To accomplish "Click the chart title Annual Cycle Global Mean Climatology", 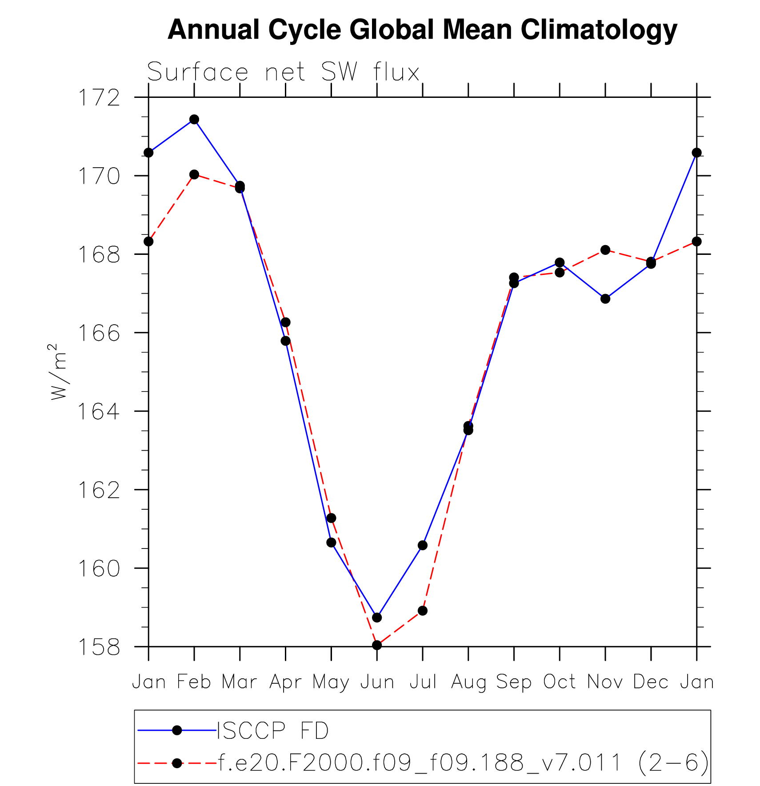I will pyautogui.click(x=422, y=30).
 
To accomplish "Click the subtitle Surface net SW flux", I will pyautogui.click(x=283, y=72).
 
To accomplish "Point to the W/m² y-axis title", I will pyautogui.click(x=59, y=371).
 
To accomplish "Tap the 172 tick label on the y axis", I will pyautogui.click(x=99, y=98).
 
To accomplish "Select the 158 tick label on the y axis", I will pyautogui.click(x=99, y=647).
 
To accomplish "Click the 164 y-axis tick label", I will pyautogui.click(x=99, y=412).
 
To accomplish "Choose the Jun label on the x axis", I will pyautogui.click(x=377, y=682).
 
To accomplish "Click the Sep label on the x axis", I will pyautogui.click(x=514, y=682).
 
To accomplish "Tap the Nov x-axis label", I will pyautogui.click(x=605, y=682).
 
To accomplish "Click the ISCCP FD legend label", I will pyautogui.click(x=272, y=731).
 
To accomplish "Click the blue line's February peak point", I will pyautogui.click(x=194, y=119).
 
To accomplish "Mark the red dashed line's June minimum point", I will pyautogui.click(x=377, y=645).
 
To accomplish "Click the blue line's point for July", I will pyautogui.click(x=423, y=545).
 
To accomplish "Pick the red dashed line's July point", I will pyautogui.click(x=423, y=611).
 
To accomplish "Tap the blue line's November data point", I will pyautogui.click(x=605, y=299).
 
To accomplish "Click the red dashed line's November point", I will pyautogui.click(x=605, y=250).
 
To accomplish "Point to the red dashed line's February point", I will pyautogui.click(x=194, y=174).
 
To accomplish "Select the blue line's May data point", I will pyautogui.click(x=331, y=543).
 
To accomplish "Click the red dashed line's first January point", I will pyautogui.click(x=148, y=242).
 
